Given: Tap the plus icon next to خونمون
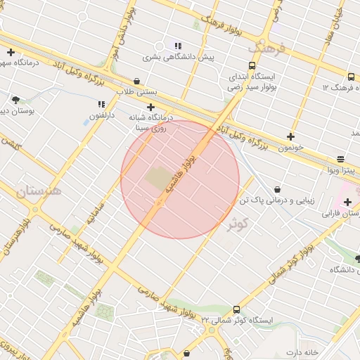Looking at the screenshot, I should point(290,136).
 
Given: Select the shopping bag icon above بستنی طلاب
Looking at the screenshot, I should point(136,81).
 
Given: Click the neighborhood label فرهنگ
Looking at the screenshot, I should point(267,49).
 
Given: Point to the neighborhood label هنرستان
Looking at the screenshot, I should point(38,190).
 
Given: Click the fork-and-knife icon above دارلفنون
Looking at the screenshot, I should point(101,104).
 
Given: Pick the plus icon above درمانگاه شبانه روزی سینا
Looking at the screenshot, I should point(150,107).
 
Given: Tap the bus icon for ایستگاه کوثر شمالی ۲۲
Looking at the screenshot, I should point(236,309).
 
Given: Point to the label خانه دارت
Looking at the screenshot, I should point(302,352).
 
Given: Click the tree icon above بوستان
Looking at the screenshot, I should point(15,100).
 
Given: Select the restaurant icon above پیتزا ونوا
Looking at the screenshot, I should point(341,159).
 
